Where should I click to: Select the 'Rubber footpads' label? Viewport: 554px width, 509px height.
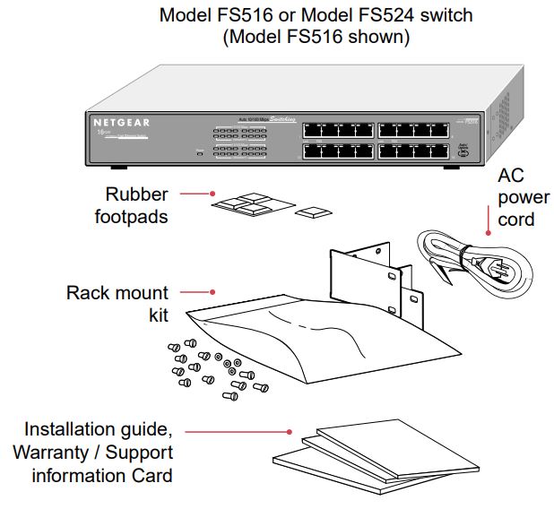tap(136, 204)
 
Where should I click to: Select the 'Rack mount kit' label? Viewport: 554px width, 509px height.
tap(117, 304)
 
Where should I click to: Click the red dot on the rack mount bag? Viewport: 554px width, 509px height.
tap(212, 291)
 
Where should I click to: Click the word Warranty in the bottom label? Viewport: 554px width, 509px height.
tap(56, 453)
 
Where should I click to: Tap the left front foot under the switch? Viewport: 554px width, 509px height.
tap(116, 168)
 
